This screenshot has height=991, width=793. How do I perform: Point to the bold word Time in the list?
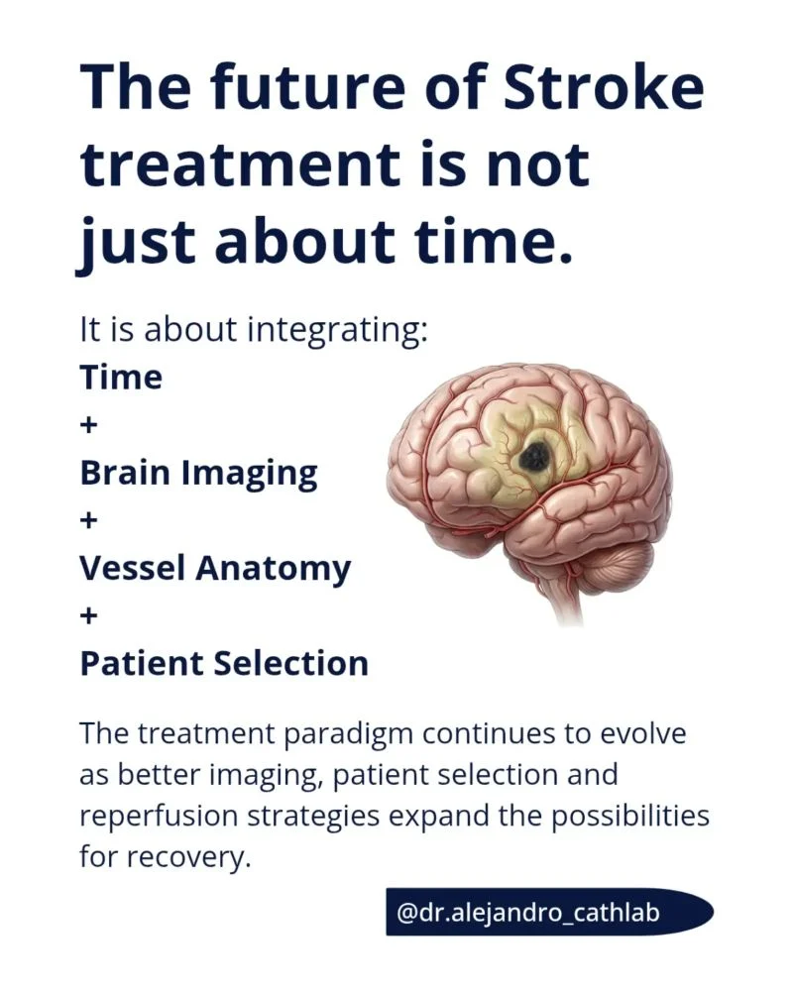click(121, 378)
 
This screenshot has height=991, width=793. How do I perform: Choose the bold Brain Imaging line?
click(198, 474)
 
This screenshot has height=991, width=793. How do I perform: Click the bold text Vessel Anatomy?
click(215, 569)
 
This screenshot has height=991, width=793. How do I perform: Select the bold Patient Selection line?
click(224, 664)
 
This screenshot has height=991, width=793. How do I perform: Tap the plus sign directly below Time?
click(89, 425)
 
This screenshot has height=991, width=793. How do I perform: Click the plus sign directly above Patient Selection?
click(89, 615)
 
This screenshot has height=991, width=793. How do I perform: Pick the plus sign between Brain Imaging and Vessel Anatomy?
click(89, 521)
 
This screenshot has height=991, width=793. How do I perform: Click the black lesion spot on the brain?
click(537, 456)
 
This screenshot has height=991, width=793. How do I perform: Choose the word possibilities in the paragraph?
click(629, 817)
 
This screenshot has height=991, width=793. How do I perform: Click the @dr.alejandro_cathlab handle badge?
click(549, 912)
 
